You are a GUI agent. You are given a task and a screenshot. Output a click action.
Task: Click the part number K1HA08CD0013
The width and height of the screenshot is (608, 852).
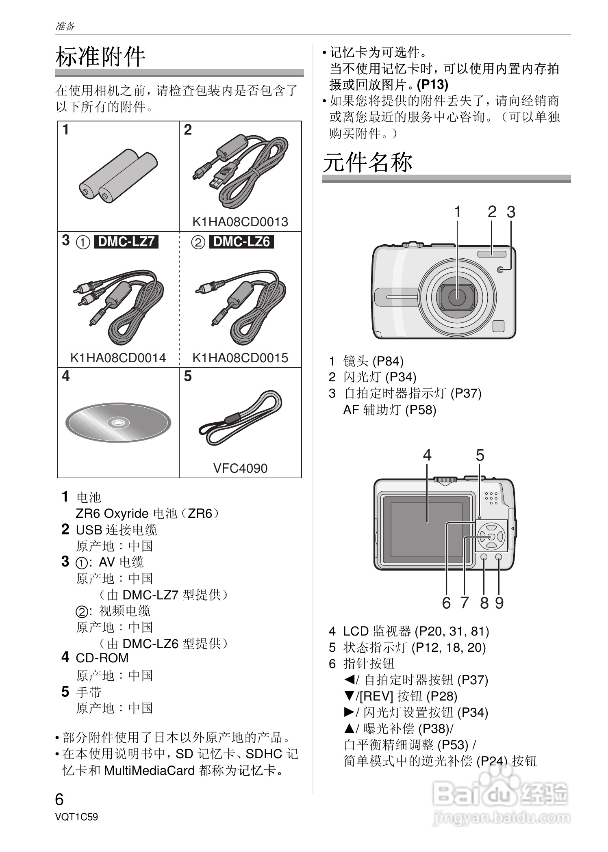coord(240,222)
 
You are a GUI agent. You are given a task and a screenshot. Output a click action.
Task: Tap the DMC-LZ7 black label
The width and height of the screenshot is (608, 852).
coord(126,242)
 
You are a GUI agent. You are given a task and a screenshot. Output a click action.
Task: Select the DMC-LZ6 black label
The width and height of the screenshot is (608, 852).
coord(241,242)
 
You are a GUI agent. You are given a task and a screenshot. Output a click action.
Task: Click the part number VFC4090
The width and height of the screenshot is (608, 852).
coord(240,468)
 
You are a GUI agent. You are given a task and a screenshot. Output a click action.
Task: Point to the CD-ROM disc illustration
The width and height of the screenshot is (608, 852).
coord(118,423)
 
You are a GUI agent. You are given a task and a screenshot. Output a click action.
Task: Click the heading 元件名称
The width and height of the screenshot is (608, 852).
coord(367,162)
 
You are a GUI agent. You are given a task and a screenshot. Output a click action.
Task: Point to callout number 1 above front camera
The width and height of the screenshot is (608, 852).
coord(457,212)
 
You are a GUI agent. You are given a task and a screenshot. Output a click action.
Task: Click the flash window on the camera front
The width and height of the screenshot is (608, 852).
coord(492,254)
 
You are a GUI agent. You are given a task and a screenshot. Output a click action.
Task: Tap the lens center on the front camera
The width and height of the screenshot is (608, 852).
coord(457,297)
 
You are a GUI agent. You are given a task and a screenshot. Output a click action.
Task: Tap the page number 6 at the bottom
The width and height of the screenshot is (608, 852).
coord(59,800)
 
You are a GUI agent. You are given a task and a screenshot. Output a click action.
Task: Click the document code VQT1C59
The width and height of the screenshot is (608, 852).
coord(76,817)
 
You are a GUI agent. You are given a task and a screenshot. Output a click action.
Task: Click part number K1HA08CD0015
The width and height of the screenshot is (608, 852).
coord(240,358)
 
